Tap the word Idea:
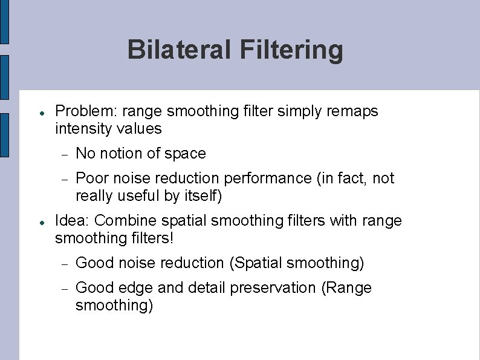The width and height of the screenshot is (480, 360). [72, 221]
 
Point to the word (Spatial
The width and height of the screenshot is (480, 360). [256, 263]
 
